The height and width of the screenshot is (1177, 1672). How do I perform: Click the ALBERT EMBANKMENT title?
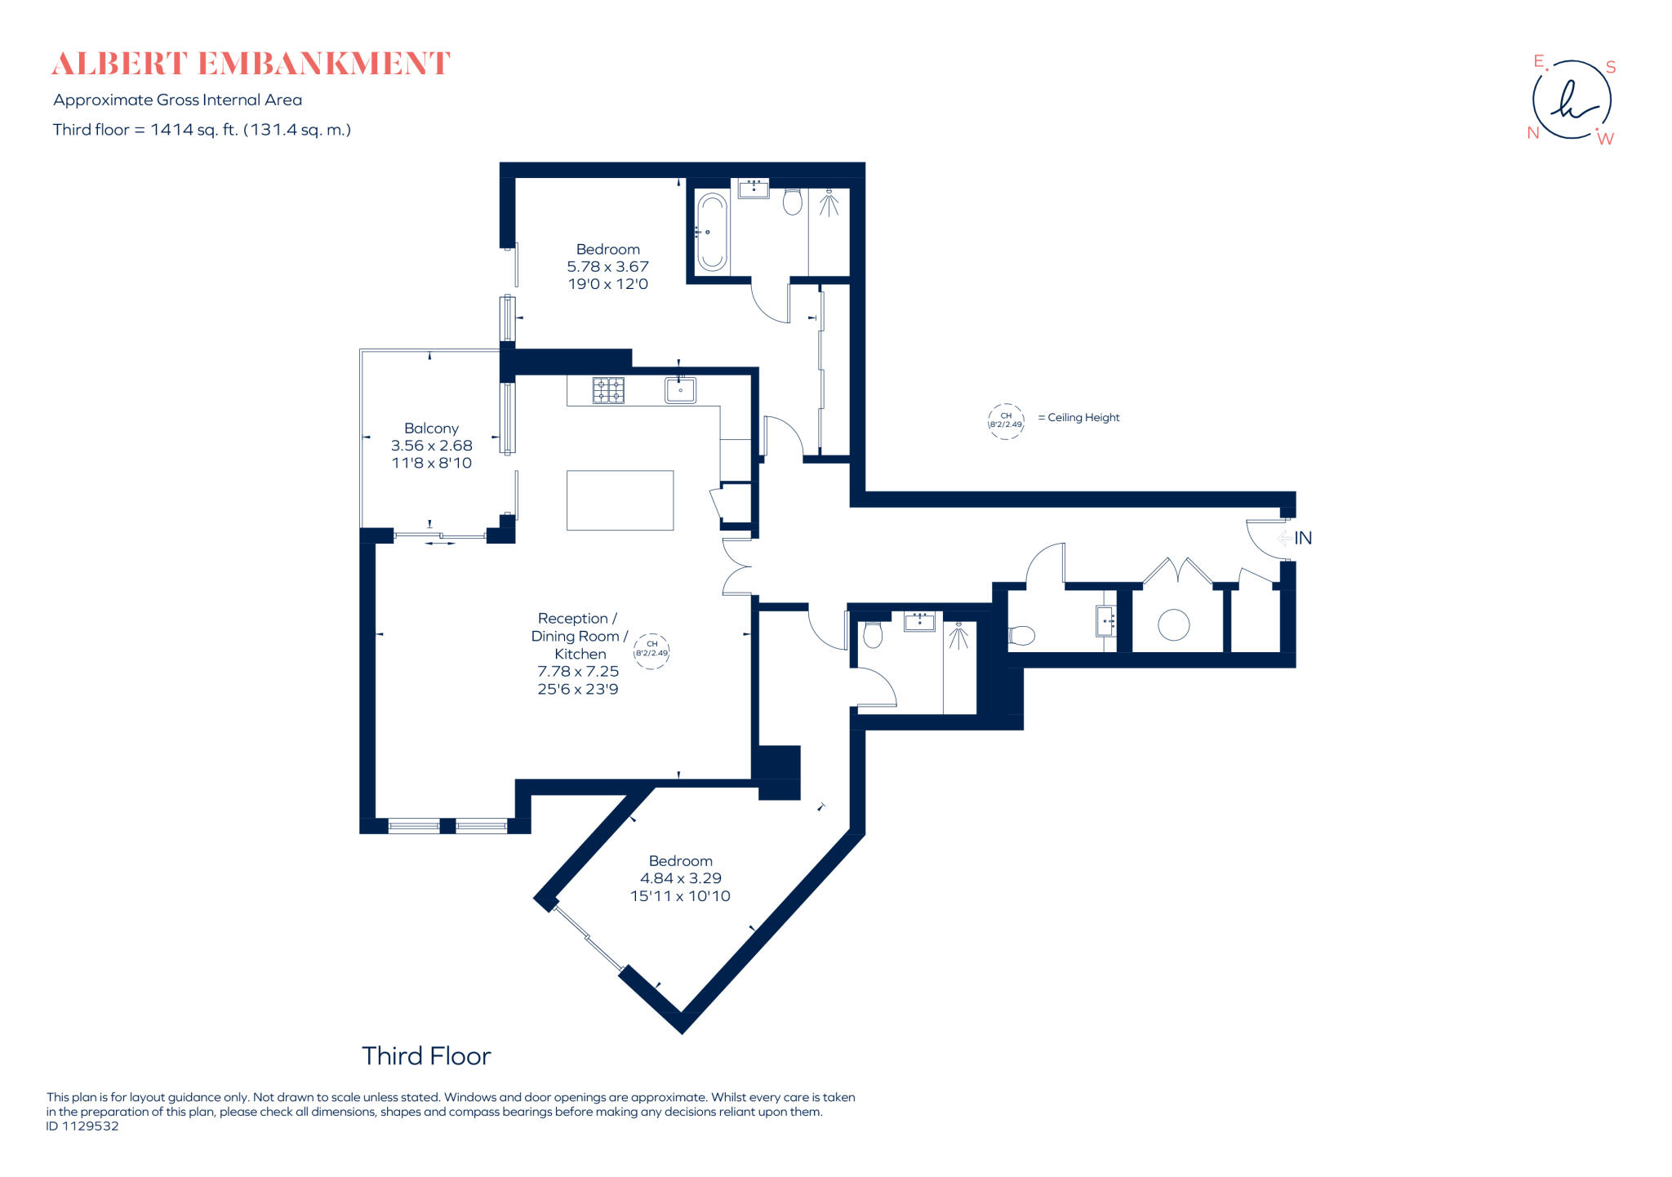251,64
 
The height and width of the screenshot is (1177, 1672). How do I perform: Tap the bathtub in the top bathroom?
712,232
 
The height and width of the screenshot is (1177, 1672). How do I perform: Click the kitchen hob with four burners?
608,390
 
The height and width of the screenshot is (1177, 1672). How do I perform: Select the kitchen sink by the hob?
680,390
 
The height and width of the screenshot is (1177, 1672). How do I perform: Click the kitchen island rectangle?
620,500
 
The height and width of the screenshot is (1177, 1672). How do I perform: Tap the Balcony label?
431,429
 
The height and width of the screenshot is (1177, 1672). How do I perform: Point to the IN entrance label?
1303,538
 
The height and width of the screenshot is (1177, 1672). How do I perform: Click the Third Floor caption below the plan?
426,1056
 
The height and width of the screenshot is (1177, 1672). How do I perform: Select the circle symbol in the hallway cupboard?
1173,625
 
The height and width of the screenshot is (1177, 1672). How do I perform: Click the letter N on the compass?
1532,133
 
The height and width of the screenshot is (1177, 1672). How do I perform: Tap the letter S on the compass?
1611,67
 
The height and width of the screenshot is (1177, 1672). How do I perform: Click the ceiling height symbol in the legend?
1006,421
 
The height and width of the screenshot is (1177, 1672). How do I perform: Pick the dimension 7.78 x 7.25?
578,671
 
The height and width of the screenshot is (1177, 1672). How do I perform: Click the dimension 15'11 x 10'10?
680,896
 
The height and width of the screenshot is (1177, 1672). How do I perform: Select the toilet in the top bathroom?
792,201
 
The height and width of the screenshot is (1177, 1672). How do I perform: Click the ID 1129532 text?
82,1126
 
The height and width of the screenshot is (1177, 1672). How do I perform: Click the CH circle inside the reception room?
651,651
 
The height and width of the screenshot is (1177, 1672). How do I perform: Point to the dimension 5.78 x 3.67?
607,267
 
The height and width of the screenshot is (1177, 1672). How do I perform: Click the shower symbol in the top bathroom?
829,203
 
